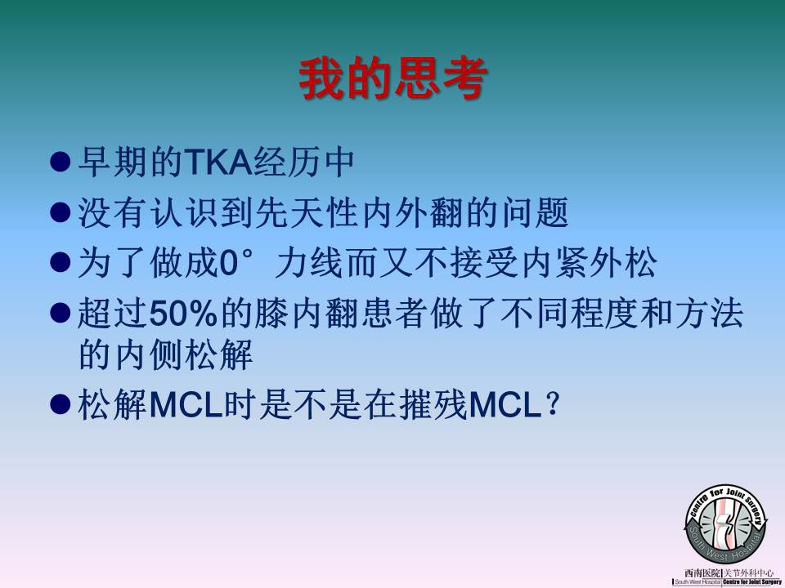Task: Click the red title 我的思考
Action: click(x=393, y=78)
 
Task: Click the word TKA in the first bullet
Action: click(x=219, y=162)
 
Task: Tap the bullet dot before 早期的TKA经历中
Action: click(x=60, y=162)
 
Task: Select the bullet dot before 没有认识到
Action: click(x=60, y=212)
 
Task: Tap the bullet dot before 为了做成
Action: click(x=60, y=262)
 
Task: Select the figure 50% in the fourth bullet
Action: click(x=183, y=314)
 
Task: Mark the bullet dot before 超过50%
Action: click(x=60, y=314)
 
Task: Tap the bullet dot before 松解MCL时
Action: click(x=60, y=404)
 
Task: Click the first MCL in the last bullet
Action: click(x=186, y=404)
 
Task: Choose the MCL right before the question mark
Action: click(x=505, y=404)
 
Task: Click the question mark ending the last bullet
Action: click(x=553, y=404)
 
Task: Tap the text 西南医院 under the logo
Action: click(x=702, y=573)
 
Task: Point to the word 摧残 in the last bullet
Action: click(x=433, y=404)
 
